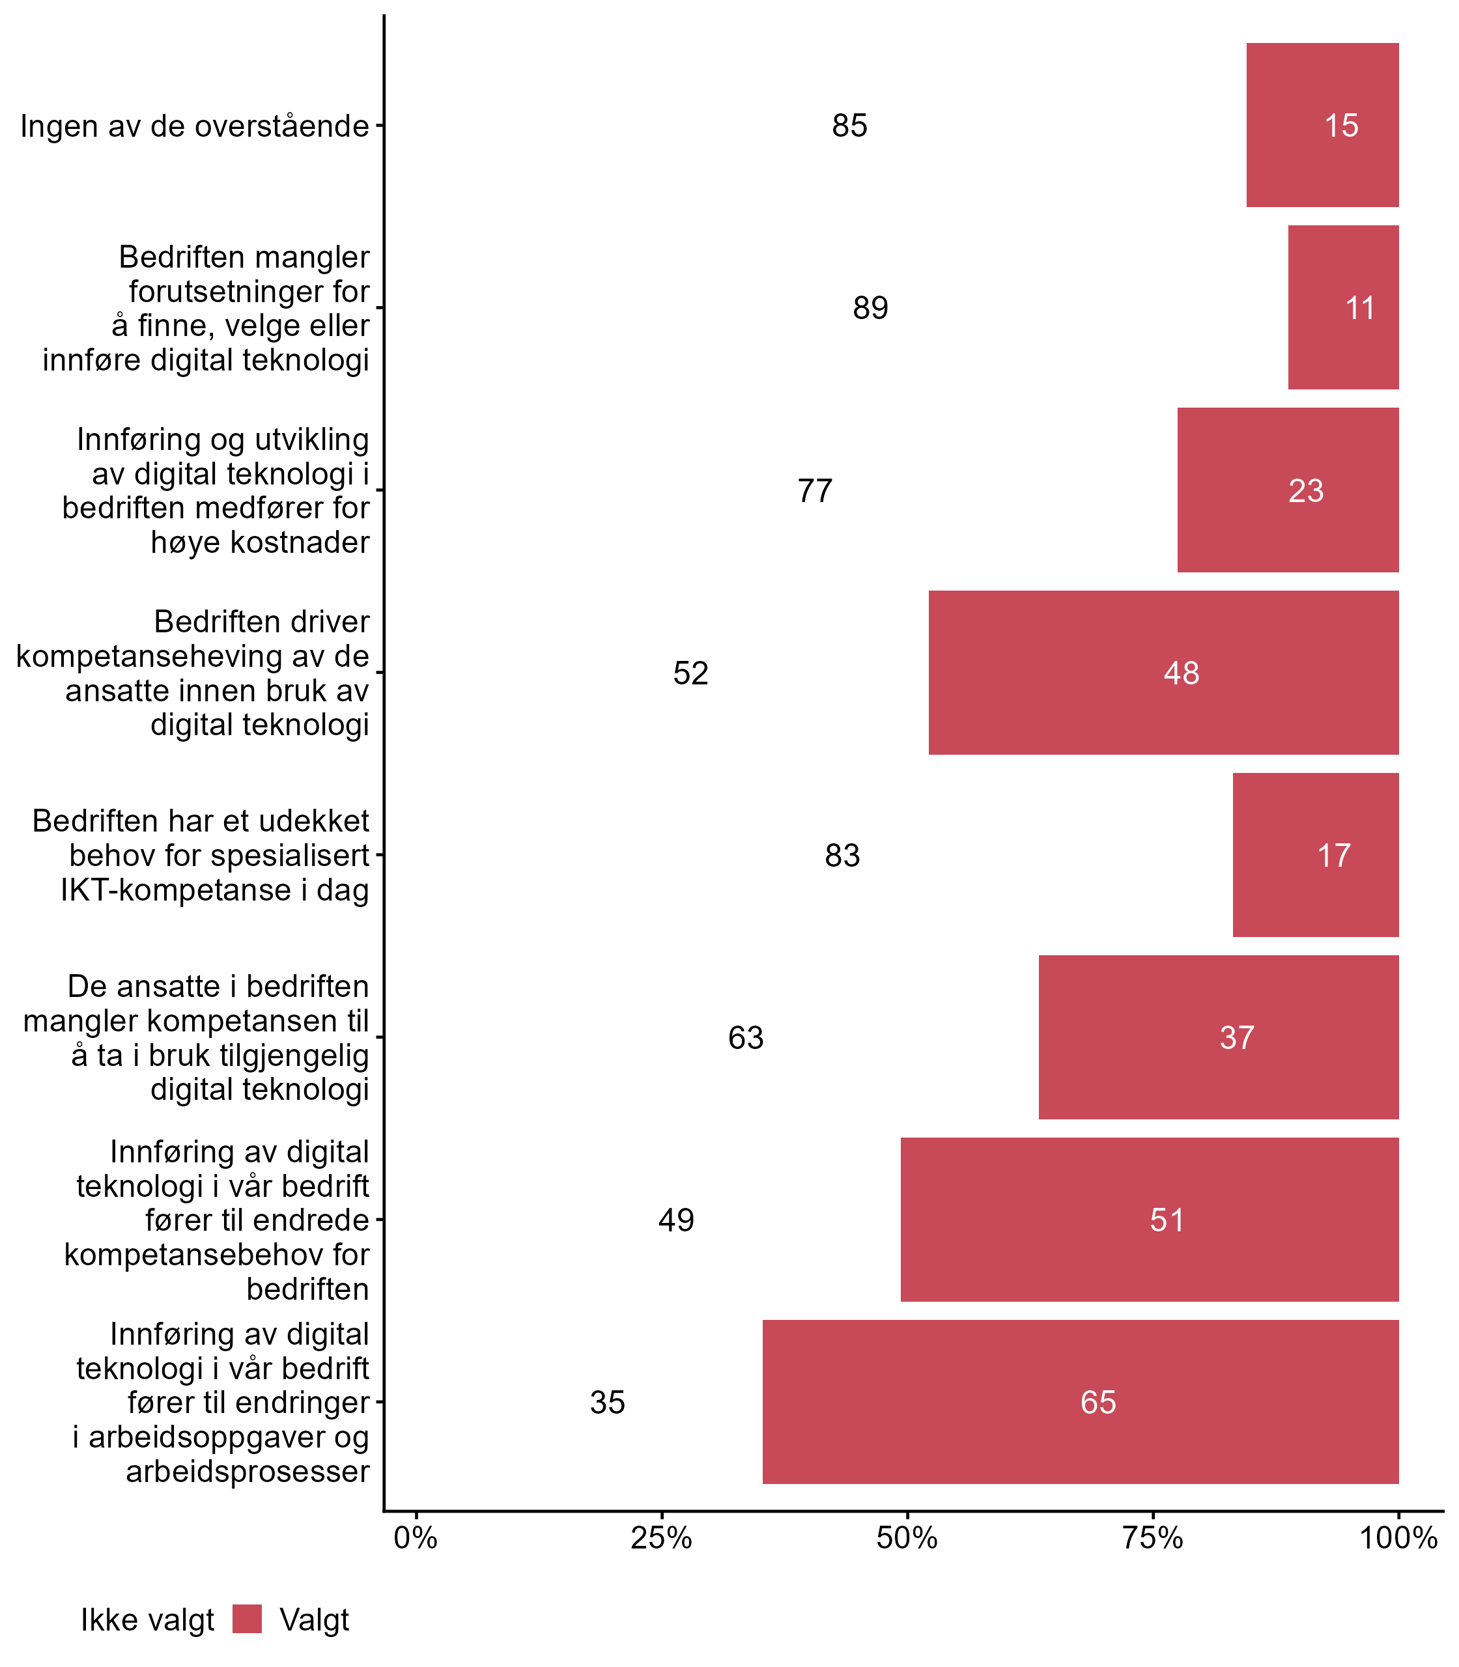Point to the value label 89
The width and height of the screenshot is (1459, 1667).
pos(870,307)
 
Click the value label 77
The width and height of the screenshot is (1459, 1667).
pos(815,491)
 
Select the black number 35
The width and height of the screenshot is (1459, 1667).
pos(607,1403)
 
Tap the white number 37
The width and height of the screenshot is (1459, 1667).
pos(1237,1038)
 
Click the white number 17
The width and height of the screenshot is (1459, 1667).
pos(1334,856)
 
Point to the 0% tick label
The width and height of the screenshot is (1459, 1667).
pos(416,1538)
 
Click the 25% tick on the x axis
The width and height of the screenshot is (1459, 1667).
pos(661,1538)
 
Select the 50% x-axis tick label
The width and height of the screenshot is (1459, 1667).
pos(907,1538)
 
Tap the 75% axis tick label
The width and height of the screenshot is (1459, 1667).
pos(1153,1538)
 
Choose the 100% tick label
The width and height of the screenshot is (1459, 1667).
pos(1398,1538)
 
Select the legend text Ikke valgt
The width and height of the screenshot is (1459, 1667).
pos(147,1621)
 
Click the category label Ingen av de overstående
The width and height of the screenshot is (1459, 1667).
pos(195,126)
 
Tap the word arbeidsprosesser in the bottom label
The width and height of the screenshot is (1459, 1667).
pos(248,1472)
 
